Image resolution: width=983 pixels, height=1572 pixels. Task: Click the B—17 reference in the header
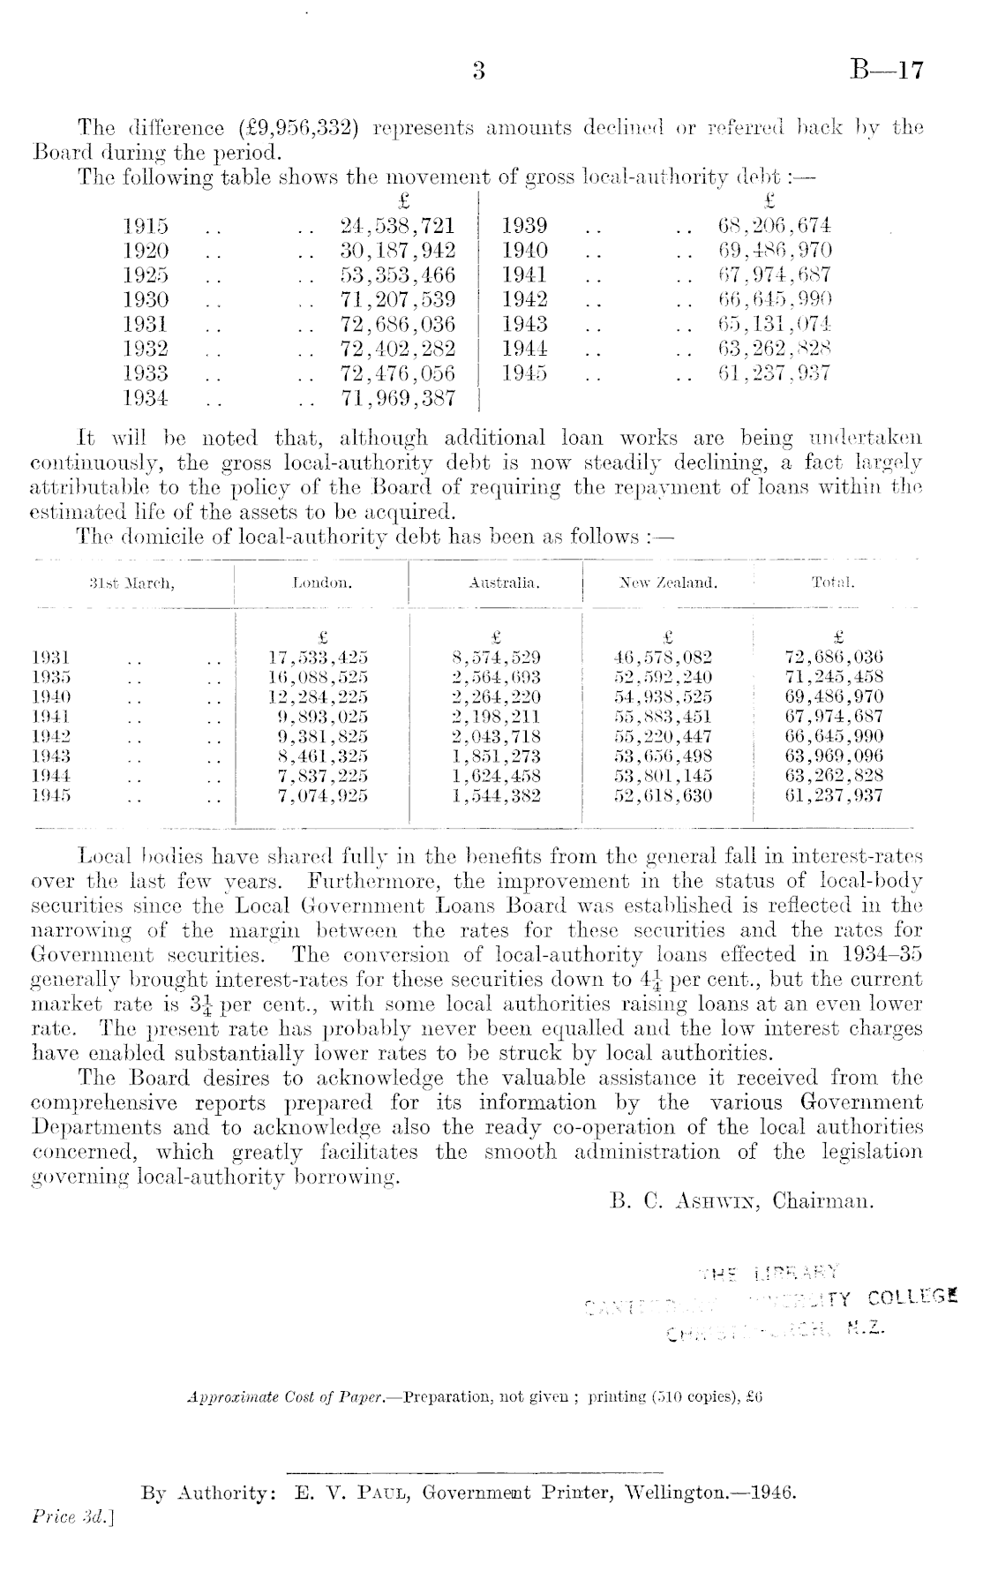886,71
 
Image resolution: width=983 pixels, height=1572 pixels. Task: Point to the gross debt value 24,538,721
398,226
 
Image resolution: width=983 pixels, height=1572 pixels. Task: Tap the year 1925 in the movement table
146,275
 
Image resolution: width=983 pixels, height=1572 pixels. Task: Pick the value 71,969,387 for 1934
398,398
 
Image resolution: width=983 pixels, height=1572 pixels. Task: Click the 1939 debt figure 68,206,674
776,226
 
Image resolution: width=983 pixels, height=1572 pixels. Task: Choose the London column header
322,583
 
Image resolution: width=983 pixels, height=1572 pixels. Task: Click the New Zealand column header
669,583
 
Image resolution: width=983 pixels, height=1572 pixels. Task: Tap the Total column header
834,583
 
